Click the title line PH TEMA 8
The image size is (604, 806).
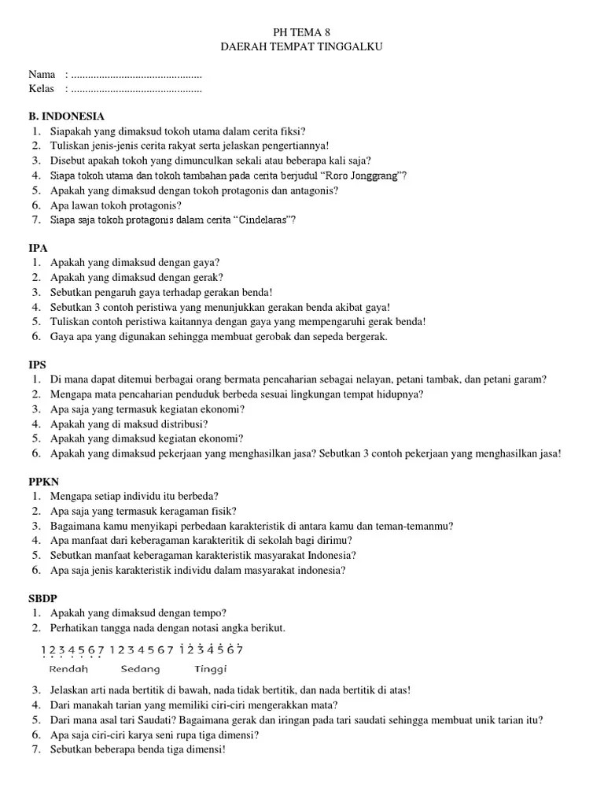pos(302,32)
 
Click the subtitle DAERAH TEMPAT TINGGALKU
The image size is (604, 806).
pos(302,47)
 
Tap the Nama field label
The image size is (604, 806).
pos(42,75)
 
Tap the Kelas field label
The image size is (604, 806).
pos(42,89)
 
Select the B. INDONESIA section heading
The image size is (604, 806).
pos(67,116)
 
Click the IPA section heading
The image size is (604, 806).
pos(38,247)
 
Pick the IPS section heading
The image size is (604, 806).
pos(38,364)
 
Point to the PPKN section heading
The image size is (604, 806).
pos(43,482)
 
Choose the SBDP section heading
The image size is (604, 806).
pos(42,598)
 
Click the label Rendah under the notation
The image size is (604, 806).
pos(68,669)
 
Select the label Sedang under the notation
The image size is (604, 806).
pos(141,669)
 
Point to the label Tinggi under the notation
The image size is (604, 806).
pos(210,669)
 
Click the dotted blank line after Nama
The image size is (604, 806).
pos(136,76)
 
